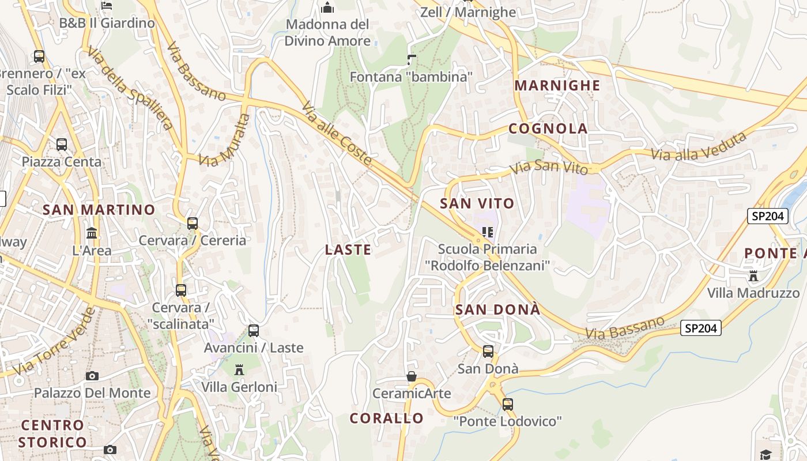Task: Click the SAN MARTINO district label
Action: pos(99,210)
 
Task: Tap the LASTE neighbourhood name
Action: pos(348,250)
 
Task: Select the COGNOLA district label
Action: pos(548,129)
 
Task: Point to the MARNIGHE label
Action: pos(557,86)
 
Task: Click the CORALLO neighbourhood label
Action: pos(387,418)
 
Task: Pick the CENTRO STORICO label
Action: pos(52,434)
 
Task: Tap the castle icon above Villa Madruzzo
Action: pos(753,275)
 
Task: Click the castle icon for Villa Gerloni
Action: pos(239,369)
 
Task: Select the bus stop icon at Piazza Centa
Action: pos(62,145)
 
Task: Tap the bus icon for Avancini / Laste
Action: pos(254,331)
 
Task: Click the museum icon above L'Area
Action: pos(92,233)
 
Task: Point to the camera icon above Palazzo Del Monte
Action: pos(92,376)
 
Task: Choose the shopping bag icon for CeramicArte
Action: pos(412,377)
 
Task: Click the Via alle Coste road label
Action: pos(337,136)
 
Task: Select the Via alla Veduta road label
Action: pos(699,148)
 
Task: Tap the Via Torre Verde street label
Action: pos(55,341)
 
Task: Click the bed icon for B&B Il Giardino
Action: pos(107,6)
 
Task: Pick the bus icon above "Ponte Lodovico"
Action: pos(507,405)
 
